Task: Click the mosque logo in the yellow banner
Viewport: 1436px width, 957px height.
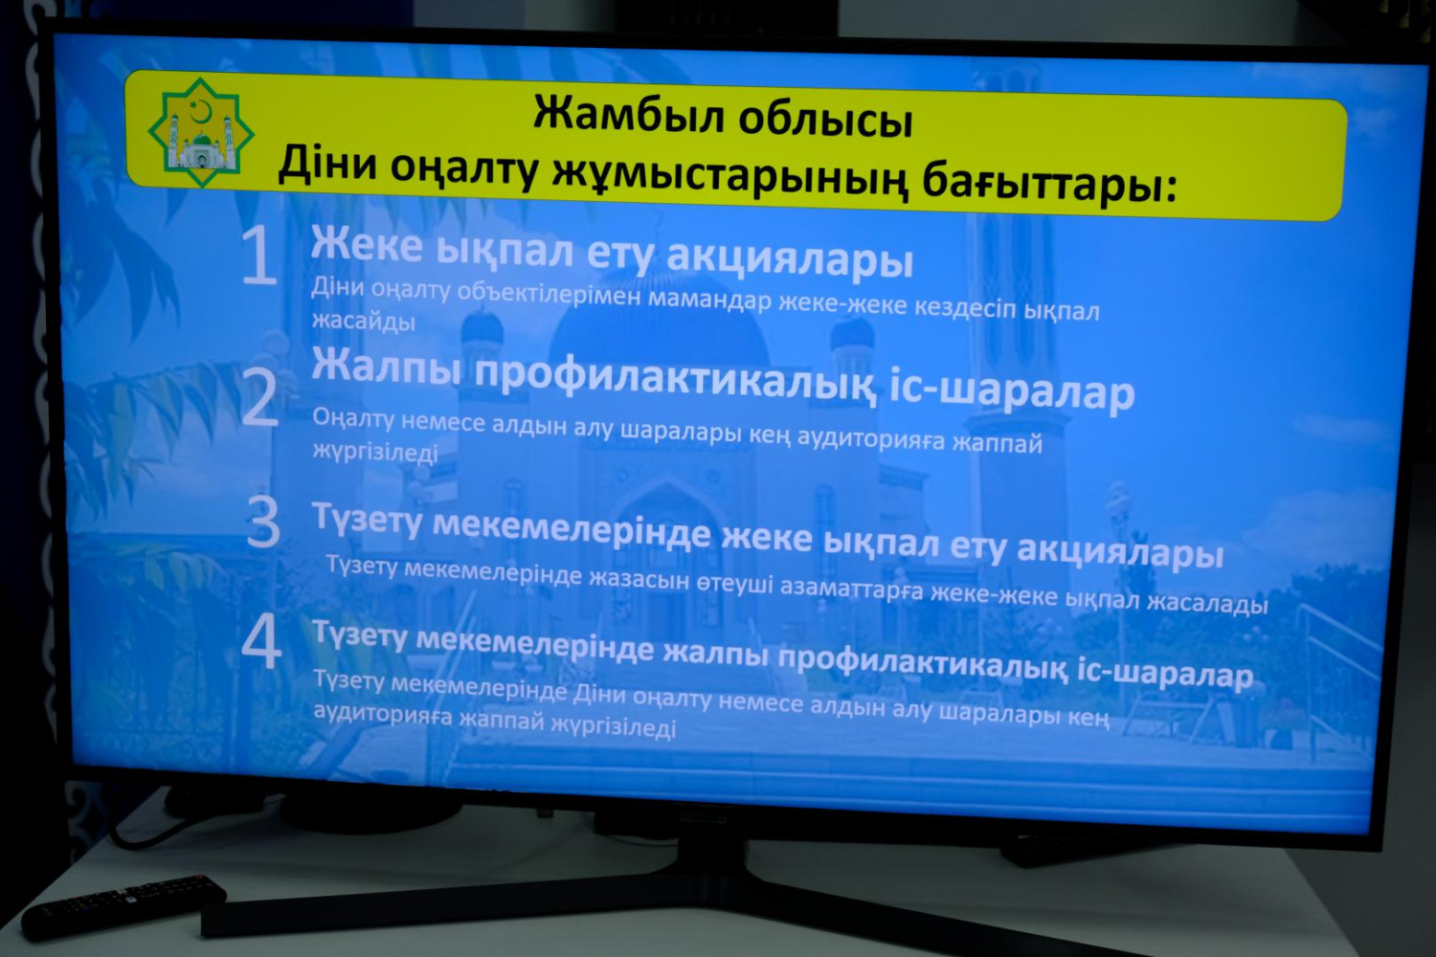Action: pyautogui.click(x=201, y=133)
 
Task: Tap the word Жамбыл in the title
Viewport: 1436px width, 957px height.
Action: pyautogui.click(x=628, y=115)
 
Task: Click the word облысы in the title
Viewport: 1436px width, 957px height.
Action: pyautogui.click(x=825, y=120)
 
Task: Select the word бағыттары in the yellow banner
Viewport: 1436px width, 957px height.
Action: pyautogui.click(x=1049, y=184)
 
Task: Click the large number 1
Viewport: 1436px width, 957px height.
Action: pyautogui.click(x=259, y=256)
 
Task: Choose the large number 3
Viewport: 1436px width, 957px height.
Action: pyautogui.click(x=263, y=522)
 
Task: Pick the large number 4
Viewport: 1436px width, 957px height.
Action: pyautogui.click(x=261, y=641)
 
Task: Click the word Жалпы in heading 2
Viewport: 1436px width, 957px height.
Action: pyautogui.click(x=387, y=367)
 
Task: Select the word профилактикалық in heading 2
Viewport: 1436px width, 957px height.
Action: pyautogui.click(x=674, y=381)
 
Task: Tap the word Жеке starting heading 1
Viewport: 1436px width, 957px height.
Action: pyautogui.click(x=367, y=244)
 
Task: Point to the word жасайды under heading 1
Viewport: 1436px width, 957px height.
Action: pyautogui.click(x=364, y=321)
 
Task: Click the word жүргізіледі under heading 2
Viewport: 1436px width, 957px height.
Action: pyautogui.click(x=375, y=452)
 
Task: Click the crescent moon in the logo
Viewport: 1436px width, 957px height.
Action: pyautogui.click(x=201, y=110)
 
